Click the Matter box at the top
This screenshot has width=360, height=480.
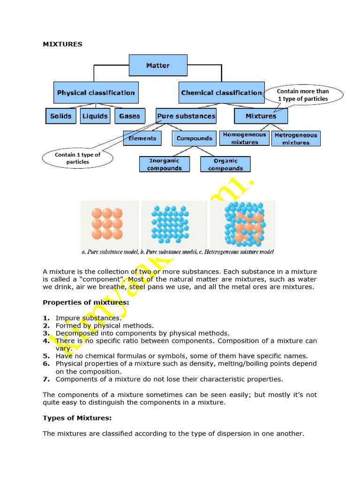[158, 66]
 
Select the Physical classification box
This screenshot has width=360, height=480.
[96, 93]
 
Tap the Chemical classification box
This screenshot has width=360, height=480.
[221, 93]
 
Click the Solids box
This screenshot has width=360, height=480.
[61, 116]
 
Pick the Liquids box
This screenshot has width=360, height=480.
[95, 116]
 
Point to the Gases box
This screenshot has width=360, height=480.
[130, 116]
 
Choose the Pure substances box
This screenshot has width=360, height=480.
[186, 116]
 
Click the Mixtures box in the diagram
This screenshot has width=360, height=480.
[261, 116]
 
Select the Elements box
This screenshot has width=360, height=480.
[142, 138]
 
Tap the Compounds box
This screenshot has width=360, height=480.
[195, 138]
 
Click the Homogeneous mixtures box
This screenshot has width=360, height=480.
[244, 138]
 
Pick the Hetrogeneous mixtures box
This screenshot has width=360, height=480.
[296, 139]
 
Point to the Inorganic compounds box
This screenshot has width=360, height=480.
[164, 165]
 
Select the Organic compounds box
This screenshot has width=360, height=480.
[225, 165]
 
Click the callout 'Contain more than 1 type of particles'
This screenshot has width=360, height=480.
[303, 95]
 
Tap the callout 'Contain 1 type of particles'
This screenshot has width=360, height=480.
[78, 158]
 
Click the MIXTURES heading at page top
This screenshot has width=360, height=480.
[62, 45]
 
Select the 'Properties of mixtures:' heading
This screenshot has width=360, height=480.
[86, 302]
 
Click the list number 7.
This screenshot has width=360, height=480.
[46, 379]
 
